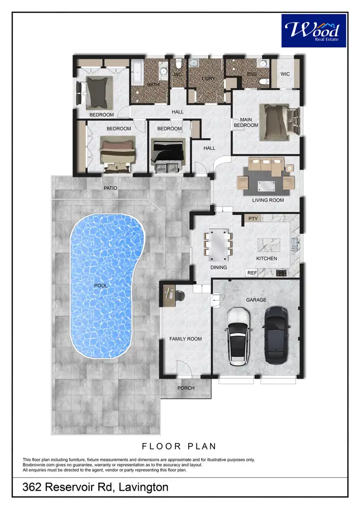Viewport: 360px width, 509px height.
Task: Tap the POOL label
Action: pyautogui.click(x=101, y=285)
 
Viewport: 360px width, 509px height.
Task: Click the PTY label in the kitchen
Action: pyautogui.click(x=253, y=219)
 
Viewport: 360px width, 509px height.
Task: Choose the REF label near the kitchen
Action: pyautogui.click(x=252, y=273)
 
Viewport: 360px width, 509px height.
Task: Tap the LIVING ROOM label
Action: pyautogui.click(x=268, y=200)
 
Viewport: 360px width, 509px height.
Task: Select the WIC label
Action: pyautogui.click(x=287, y=74)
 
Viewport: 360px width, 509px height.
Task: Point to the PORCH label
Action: pyautogui.click(x=186, y=388)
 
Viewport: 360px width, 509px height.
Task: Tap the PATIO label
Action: pyautogui.click(x=110, y=188)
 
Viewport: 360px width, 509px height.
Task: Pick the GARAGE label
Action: pyautogui.click(x=256, y=299)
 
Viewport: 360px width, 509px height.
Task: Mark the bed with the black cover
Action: pyautogui.click(x=168, y=151)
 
